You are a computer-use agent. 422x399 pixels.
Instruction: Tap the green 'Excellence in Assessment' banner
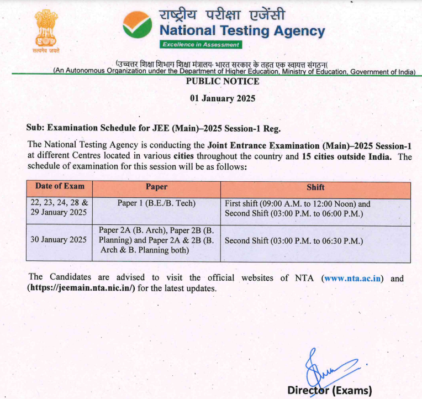201,44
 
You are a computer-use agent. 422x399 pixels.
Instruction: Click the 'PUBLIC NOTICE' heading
222,81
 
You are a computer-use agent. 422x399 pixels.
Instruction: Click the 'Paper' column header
156,187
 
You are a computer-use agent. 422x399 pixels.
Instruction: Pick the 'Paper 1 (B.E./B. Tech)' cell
156,203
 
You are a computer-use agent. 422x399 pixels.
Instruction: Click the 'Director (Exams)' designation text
330,390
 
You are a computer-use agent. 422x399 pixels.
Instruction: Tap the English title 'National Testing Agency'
242,31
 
